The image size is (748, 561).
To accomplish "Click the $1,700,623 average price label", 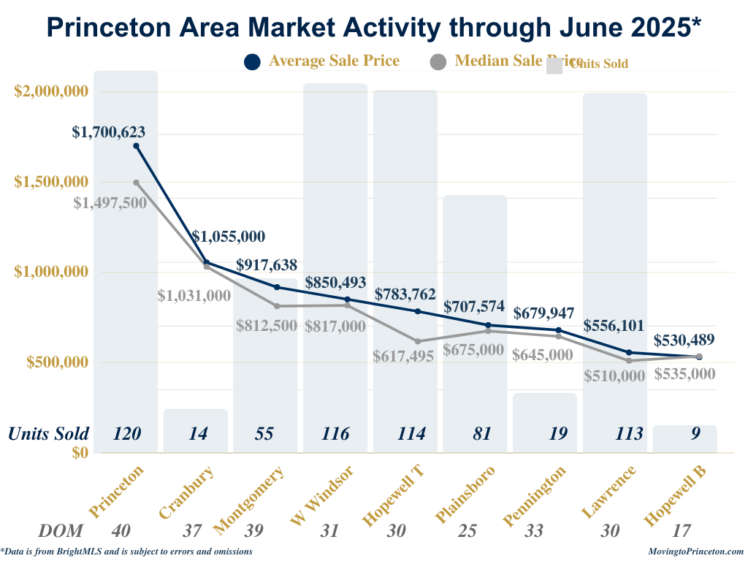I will [109, 132].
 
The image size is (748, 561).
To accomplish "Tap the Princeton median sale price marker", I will [137, 183].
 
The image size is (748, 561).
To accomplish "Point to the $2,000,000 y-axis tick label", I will [52, 91].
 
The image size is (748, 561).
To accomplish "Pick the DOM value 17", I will [684, 531].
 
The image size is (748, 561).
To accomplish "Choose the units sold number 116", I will [335, 433].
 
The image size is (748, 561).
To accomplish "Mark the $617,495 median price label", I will [403, 356].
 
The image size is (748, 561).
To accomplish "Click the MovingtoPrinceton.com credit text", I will [695, 552].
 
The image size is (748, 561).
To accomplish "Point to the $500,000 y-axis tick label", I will [58, 362].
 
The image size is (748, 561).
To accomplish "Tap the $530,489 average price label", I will [684, 340].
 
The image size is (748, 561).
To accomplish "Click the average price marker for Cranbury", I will [207, 262].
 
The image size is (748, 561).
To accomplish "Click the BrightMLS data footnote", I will [127, 552].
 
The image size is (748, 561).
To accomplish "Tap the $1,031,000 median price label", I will [194, 296].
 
